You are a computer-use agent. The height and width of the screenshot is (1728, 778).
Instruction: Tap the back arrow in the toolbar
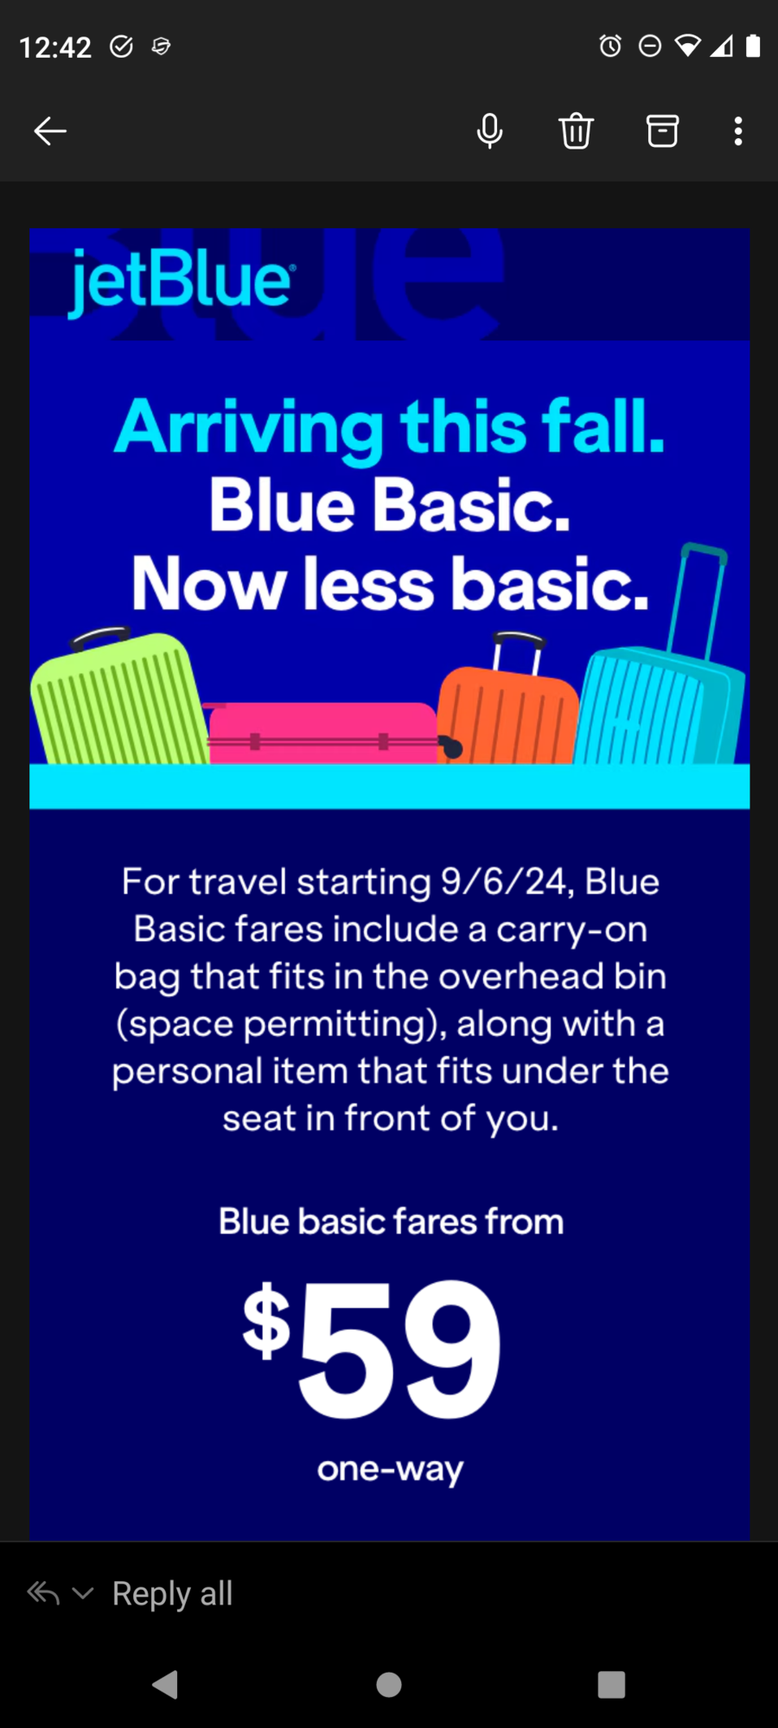tap(50, 131)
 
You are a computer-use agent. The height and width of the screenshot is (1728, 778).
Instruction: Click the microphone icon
tap(489, 131)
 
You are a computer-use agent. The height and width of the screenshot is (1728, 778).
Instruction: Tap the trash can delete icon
tap(576, 131)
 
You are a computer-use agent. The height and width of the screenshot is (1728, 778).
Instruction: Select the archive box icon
tap(662, 131)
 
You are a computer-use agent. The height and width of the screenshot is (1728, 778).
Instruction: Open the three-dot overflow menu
tap(737, 131)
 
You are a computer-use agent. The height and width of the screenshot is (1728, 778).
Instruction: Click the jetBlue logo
tap(181, 280)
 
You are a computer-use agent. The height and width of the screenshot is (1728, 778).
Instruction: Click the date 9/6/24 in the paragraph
tap(504, 882)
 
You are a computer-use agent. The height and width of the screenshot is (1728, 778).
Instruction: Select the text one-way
tap(390, 1470)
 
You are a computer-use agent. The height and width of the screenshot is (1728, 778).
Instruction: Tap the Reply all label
tap(172, 1593)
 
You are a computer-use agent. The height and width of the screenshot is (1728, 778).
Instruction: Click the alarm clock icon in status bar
tap(610, 46)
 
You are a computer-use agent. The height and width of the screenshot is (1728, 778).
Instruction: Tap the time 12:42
tap(55, 47)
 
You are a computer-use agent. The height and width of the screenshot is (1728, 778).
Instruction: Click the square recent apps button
tap(611, 1684)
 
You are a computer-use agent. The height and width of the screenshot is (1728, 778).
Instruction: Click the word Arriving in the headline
tap(249, 428)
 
